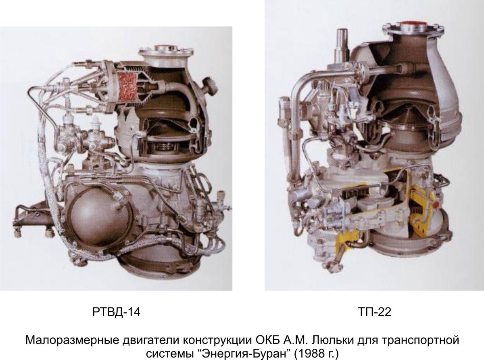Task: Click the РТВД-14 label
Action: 116,312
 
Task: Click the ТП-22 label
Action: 374,312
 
